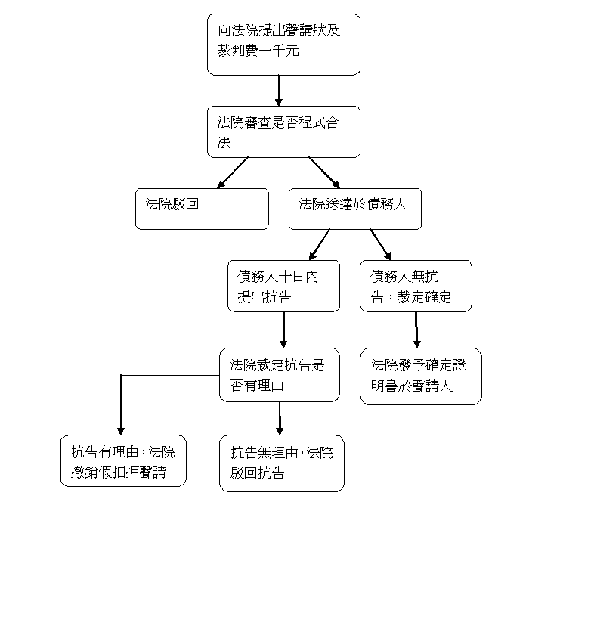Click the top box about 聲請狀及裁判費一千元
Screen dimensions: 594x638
click(283, 45)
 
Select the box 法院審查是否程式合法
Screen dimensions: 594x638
click(283, 132)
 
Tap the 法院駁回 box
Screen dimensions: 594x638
click(202, 209)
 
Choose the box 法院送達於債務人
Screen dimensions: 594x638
click(354, 209)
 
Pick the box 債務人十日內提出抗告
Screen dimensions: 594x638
click(283, 286)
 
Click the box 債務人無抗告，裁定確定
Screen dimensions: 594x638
click(416, 286)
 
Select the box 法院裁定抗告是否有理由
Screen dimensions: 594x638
click(280, 375)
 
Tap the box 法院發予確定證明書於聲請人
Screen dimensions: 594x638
click(421, 376)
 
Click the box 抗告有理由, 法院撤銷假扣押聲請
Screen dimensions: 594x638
click(123, 460)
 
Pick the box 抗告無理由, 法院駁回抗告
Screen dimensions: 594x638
click(282, 463)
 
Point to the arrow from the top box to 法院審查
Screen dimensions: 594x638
click(279, 90)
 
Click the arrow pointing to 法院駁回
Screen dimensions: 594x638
click(232, 173)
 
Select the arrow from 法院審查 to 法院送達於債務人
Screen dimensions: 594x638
click(324, 173)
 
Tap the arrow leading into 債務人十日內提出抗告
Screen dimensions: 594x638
click(320, 244)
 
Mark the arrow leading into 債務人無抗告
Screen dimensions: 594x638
click(381, 244)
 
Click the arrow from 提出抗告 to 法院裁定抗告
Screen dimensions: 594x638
click(283, 330)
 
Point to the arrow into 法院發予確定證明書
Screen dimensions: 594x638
click(416, 330)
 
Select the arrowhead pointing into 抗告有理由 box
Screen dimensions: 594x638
click(120, 431)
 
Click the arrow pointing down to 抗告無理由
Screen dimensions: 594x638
click(280, 418)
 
